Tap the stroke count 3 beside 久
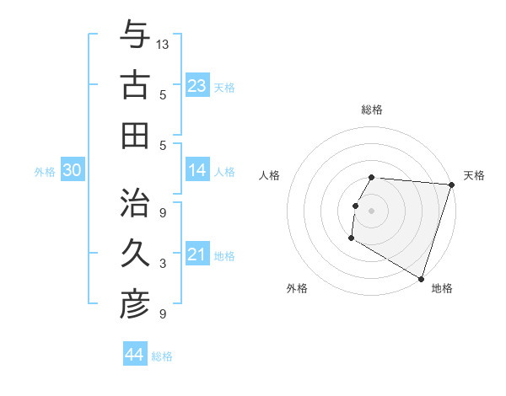[163, 264]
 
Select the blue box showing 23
[197, 85]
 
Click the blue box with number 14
[197, 171]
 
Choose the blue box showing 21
[197, 254]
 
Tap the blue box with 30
[72, 171]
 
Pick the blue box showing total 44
[135, 355]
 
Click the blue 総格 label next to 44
[162, 356]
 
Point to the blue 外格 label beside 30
[45, 172]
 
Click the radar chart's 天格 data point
[451, 185]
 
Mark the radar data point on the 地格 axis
[421, 278]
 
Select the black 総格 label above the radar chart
[372, 110]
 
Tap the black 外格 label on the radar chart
[297, 288]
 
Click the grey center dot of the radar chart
[371, 210]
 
